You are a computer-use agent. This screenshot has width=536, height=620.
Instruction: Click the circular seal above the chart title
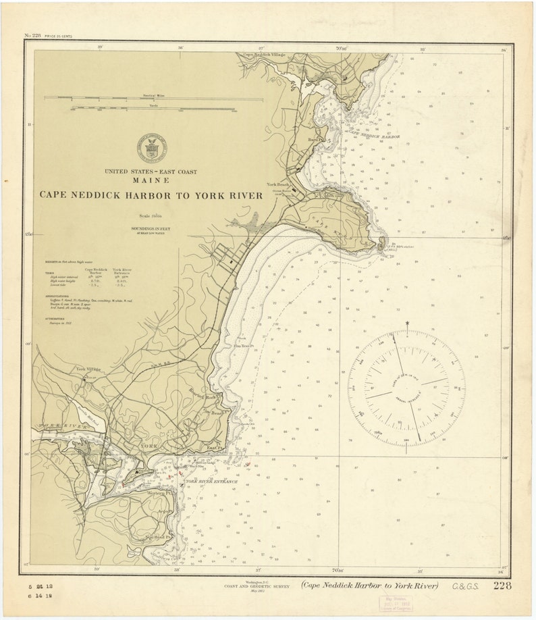pyautogui.click(x=151, y=147)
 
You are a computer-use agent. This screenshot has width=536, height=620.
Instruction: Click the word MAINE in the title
pyautogui.click(x=151, y=181)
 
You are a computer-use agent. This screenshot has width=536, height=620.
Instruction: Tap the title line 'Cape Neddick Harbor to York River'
pyautogui.click(x=151, y=195)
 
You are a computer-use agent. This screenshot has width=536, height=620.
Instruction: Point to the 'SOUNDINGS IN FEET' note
pyautogui.click(x=151, y=229)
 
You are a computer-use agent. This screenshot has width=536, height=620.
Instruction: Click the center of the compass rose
pyautogui.click(x=406, y=388)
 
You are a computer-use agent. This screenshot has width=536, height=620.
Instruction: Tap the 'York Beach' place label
pyautogui.click(x=278, y=184)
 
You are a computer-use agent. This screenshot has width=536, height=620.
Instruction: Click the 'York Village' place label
pyautogui.click(x=88, y=369)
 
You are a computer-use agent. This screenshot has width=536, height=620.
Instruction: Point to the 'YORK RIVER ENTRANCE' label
pyautogui.click(x=212, y=482)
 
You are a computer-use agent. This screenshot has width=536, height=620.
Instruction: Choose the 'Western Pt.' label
pyautogui.click(x=157, y=492)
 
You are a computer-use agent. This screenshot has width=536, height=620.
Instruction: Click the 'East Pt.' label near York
pyautogui.click(x=215, y=448)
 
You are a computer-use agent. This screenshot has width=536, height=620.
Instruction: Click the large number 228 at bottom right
pyautogui.click(x=502, y=586)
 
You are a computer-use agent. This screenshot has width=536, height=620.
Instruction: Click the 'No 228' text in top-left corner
pyautogui.click(x=32, y=35)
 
